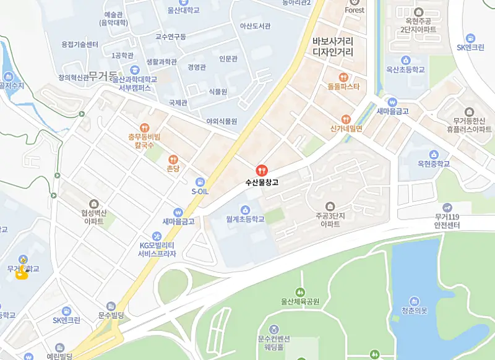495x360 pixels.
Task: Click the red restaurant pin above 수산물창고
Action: tap(262, 170)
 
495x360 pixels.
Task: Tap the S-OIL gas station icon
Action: tap(200, 182)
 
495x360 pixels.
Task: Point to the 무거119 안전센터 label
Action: tap(447, 221)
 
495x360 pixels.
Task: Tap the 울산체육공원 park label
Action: tap(299, 302)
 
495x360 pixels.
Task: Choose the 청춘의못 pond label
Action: tap(414, 311)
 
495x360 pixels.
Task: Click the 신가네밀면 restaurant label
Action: tap(346, 129)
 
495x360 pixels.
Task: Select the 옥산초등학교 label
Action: tap(406, 71)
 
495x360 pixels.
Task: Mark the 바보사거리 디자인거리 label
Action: tap(333, 46)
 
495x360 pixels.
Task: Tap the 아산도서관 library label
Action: tap(255, 26)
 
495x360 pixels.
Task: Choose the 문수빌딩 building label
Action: tap(111, 315)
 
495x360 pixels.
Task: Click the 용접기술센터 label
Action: tap(80, 45)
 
